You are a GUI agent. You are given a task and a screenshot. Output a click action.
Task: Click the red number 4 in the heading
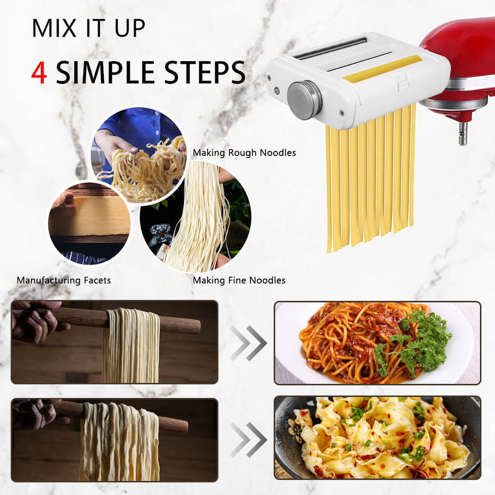(x=39, y=73)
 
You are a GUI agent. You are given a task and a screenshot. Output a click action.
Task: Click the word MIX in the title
(x=54, y=28)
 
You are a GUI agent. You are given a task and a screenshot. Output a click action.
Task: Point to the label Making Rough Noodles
(x=244, y=153)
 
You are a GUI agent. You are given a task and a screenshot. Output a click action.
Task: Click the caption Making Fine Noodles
(x=239, y=280)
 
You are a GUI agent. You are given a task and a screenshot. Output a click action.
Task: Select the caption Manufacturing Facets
(x=64, y=280)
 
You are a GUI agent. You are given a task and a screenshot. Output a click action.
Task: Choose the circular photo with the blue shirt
(x=139, y=155)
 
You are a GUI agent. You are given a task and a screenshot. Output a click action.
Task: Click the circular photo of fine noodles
(x=196, y=217)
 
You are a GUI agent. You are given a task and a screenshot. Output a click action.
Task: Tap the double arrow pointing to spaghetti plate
(x=248, y=343)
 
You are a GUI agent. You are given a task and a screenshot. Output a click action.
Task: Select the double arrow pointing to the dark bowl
(x=248, y=440)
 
